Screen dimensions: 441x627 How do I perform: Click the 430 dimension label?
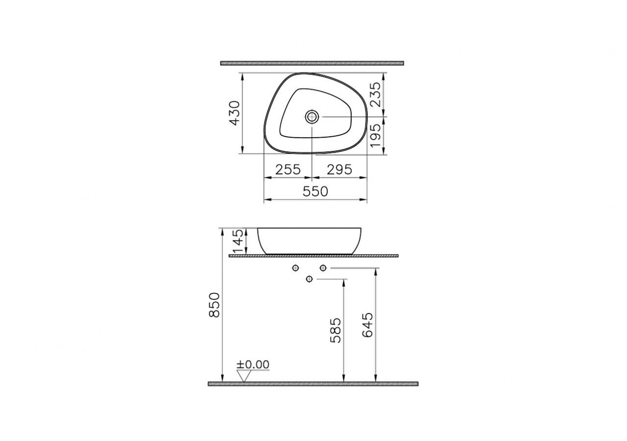point(234,113)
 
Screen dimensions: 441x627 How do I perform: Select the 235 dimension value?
point(375,95)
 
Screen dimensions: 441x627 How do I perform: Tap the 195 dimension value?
point(375,136)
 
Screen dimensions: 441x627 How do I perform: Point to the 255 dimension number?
point(288,170)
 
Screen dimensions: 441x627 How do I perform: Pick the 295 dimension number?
point(339,170)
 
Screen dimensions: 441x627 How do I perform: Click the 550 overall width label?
point(315,192)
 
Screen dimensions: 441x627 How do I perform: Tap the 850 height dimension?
point(215,305)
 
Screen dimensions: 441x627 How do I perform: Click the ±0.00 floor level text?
point(253,365)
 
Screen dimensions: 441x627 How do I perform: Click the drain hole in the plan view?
point(312,117)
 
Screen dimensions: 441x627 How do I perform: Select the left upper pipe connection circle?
point(295,268)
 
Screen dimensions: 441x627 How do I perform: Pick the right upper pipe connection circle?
point(323,268)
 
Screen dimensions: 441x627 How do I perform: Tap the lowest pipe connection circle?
point(309,279)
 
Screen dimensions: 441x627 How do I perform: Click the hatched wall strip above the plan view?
point(312,63)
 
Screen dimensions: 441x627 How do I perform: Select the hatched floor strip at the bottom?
point(313,384)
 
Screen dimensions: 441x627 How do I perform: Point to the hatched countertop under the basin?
point(313,256)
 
